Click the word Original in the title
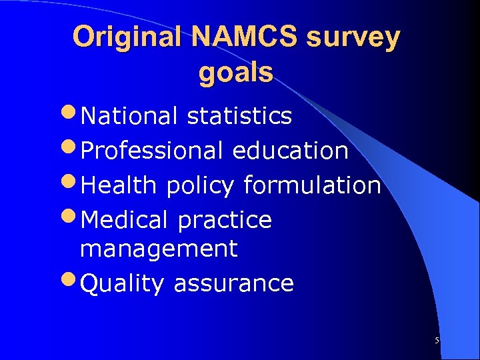coord(127,38)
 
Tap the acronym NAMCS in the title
coord(243,38)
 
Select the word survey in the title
coord(353,38)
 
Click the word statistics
coord(239,116)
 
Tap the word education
coord(290,151)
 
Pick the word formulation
coord(311,185)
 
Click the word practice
coord(225,221)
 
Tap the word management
coord(159,249)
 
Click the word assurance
coord(233,284)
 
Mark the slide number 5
coord(437,341)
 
